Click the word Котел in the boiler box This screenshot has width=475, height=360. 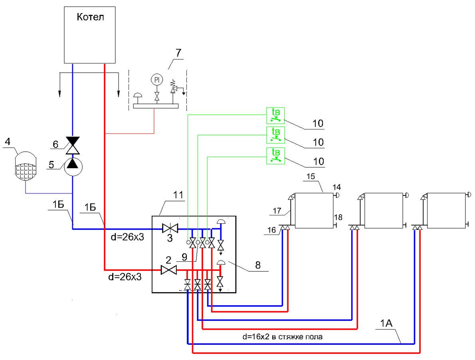point(90,17)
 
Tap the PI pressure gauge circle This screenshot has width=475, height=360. point(157,80)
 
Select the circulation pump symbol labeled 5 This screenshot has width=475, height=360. point(73,166)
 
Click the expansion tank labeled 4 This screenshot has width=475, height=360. point(26,166)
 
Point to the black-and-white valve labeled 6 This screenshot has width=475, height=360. point(73,145)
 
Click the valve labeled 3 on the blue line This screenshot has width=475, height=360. point(170,228)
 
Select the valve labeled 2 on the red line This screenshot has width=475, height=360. point(169,270)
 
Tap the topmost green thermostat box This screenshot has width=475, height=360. point(275,115)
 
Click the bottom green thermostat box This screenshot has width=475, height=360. point(275,156)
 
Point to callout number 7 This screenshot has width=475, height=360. point(178,53)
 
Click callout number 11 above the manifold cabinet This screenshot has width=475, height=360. point(178,195)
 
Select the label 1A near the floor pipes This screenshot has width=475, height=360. point(386,324)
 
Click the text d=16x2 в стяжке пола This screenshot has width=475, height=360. point(282,337)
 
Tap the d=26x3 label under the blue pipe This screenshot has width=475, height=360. point(128,237)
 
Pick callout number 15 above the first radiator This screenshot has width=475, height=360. point(311,177)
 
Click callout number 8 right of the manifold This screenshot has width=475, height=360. point(258,265)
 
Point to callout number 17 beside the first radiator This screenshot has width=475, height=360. point(277,211)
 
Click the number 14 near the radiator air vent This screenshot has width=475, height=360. point(336,187)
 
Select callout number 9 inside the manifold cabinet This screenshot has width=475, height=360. point(184,257)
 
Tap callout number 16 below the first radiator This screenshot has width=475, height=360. point(272,230)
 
